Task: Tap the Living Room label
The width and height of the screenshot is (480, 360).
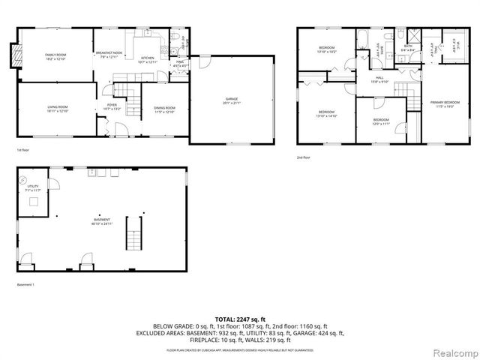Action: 58,110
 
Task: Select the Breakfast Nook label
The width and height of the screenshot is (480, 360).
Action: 109,55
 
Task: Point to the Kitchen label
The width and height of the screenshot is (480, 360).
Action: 147,59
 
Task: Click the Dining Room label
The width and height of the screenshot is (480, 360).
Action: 164,110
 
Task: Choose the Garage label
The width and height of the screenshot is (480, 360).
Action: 232,100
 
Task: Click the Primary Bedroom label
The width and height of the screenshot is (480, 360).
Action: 445,103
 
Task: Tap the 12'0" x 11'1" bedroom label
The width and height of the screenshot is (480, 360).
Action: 381,121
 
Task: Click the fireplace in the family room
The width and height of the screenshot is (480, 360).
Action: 14,55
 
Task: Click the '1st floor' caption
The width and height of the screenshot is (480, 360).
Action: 24,150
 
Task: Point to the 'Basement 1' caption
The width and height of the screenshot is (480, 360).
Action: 26,285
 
